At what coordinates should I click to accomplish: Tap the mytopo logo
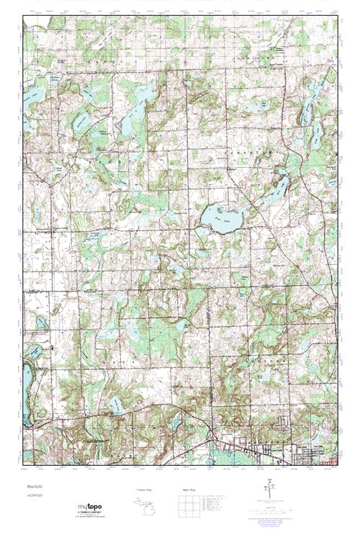pos(91,506)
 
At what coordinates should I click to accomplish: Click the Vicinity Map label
pos(144,490)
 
